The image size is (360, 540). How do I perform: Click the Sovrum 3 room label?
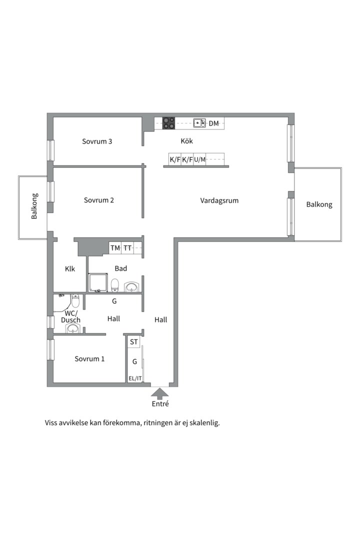97,141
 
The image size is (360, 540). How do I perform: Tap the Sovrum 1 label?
89,359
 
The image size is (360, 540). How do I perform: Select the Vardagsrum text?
219,200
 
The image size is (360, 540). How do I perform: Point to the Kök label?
186,141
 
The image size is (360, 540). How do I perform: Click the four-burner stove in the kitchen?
168,123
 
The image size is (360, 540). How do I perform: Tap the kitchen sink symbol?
199,123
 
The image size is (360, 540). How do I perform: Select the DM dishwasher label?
214,123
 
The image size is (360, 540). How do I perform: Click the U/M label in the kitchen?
199,160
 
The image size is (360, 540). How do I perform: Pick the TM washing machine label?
115,248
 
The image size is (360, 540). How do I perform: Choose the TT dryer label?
128,248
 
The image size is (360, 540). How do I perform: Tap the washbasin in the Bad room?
132,287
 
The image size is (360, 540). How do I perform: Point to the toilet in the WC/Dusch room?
75,301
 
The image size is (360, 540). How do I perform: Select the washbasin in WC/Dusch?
73,328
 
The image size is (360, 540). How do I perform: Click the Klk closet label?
70,269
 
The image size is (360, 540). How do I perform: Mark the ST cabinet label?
133,342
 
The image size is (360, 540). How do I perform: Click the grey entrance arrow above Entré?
160,392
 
